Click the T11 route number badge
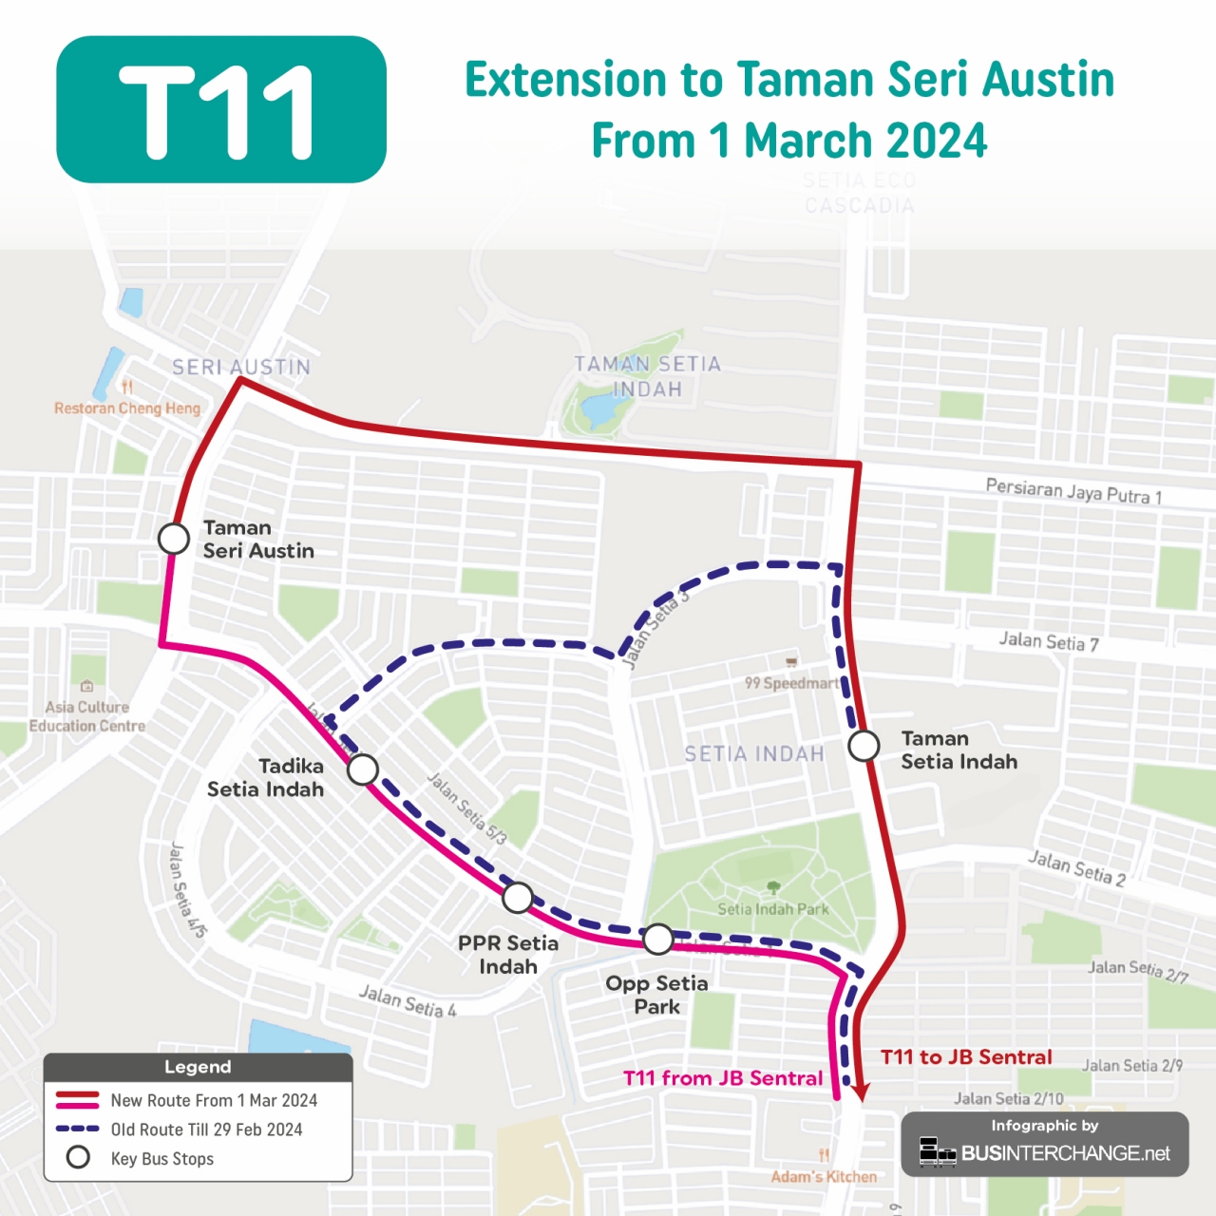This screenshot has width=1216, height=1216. coord(221,109)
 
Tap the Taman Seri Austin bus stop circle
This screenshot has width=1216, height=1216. coord(174,539)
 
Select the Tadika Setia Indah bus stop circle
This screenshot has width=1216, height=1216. coord(363,769)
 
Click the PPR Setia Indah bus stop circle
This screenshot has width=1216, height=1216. coord(518,897)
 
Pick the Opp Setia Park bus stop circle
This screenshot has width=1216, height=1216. coord(658,939)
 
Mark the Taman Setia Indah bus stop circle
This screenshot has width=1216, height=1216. coord(864,746)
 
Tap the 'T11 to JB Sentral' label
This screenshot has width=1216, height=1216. coord(966,1057)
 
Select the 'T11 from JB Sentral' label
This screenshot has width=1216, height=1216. coord(723,1078)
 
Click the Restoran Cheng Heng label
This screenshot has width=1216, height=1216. coord(127,408)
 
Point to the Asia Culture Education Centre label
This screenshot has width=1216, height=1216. coord(86,716)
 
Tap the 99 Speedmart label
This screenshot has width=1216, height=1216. coord(791,683)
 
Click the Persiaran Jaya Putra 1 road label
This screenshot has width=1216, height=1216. coord(1073,491)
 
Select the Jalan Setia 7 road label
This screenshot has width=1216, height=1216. coord(1049,642)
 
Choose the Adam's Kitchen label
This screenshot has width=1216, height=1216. coord(824,1177)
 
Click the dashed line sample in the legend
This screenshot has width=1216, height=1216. coord(78,1130)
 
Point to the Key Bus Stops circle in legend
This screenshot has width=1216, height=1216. coord(78,1158)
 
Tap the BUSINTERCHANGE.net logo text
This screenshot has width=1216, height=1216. coord(1065,1153)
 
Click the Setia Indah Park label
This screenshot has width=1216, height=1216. coord(773,909)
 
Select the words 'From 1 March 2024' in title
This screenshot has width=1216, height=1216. coord(788,141)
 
